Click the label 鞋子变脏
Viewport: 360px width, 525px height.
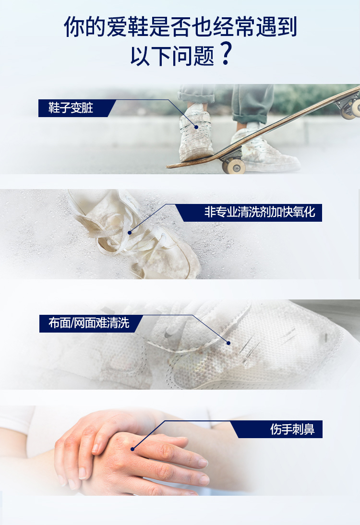71,108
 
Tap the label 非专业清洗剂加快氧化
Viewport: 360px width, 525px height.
260,212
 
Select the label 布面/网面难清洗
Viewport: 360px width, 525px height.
89,323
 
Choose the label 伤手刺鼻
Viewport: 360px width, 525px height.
292,429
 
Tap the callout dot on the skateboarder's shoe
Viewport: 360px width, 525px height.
196,127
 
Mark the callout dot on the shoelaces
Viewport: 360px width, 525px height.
130,233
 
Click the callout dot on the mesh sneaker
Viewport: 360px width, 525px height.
228,343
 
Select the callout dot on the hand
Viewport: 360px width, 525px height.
132,449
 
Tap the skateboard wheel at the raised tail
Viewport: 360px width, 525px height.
350,110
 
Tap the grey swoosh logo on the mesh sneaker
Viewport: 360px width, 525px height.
168,334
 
